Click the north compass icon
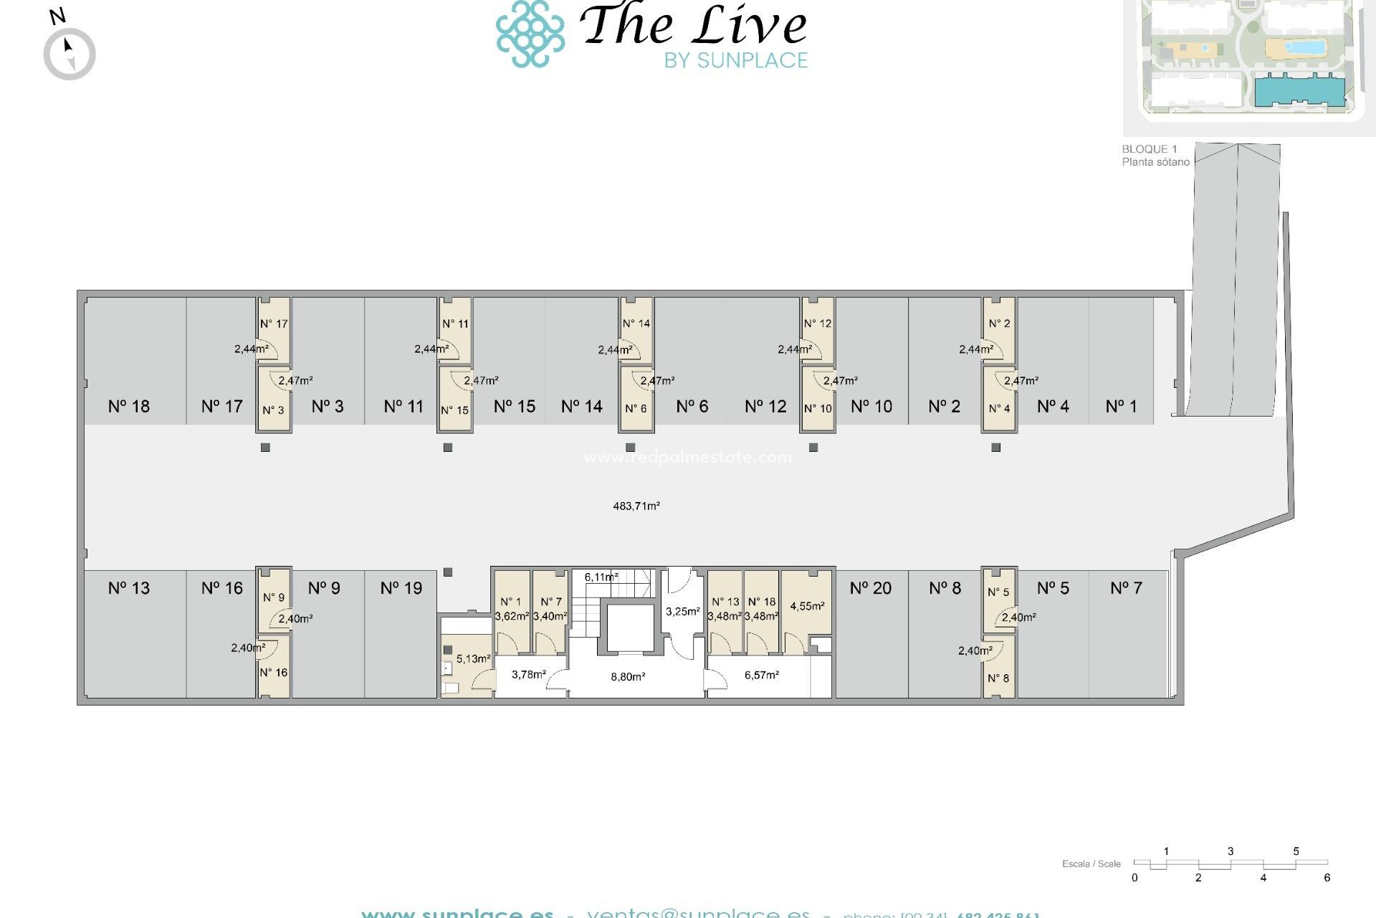[69, 54]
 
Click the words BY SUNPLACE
[735, 61]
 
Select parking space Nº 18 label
[129, 407]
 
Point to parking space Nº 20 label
[870, 589]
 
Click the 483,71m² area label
[636, 506]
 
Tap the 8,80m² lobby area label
[628, 676]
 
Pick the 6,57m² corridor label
[761, 675]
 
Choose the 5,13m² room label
[473, 658]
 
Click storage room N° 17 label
[274, 324]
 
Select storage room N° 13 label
[725, 602]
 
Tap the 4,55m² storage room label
[807, 606]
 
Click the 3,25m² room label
[682, 612]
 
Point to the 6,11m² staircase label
[601, 577]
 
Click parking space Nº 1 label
[1121, 407]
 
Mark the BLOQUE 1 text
[1149, 149]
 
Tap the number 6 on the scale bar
[1327, 878]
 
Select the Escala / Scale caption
[1091, 863]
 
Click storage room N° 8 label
[998, 678]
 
